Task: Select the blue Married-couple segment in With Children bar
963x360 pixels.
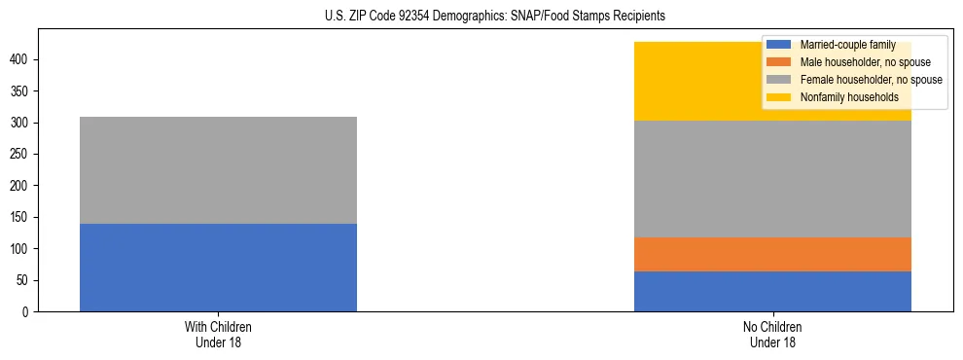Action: tap(218, 268)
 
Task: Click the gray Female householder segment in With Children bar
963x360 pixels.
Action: tap(218, 170)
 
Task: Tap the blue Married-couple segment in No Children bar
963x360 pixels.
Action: tap(772, 291)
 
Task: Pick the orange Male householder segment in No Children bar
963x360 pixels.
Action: tap(772, 254)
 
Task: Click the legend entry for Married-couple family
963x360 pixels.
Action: tap(847, 45)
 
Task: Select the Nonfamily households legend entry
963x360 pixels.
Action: tap(849, 97)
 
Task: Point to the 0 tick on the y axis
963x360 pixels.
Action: tap(27, 312)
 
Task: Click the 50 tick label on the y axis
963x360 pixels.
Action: tap(24, 280)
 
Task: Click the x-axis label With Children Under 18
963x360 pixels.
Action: tap(218, 335)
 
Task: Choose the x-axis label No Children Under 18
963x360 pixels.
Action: tap(772, 335)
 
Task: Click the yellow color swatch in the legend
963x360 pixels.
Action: tap(779, 97)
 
